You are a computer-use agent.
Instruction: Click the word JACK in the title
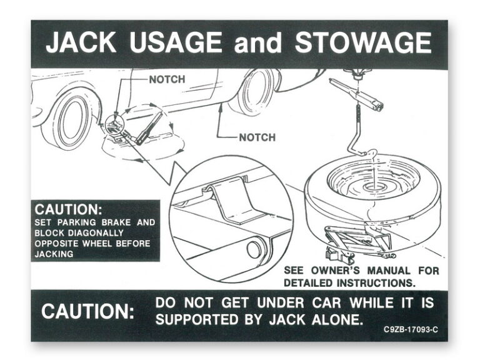point(81,42)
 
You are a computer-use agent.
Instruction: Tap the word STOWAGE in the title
point(363,42)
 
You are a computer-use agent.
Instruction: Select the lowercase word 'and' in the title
point(257,43)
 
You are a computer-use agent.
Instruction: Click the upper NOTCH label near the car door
point(167,79)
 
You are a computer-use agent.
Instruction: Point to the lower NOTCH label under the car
point(257,137)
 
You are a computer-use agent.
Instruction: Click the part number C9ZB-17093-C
point(411,330)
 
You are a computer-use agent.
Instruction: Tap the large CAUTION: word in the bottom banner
point(88,312)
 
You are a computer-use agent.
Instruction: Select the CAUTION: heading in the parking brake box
point(68,210)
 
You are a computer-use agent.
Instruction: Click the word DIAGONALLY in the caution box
point(96,233)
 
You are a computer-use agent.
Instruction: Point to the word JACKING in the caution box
point(54,254)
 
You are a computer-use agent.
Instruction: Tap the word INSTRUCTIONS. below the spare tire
point(376,283)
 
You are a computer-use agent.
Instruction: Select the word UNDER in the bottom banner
point(281,303)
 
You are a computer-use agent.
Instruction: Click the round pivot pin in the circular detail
point(254,249)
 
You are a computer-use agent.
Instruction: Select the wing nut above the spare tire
point(356,74)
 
